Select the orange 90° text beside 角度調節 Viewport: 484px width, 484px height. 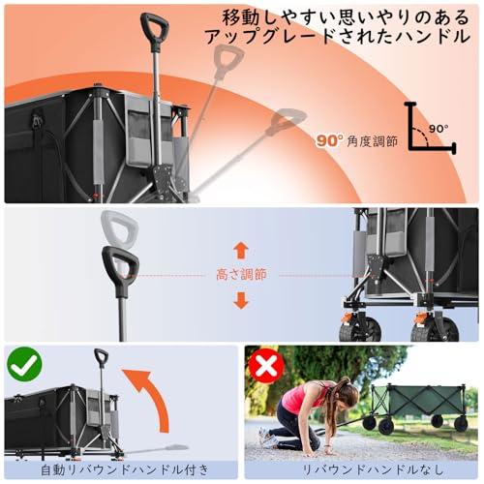330,140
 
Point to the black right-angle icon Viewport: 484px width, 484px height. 426,129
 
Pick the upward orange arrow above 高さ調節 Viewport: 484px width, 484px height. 241,250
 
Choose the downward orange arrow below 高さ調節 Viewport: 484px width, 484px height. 241,300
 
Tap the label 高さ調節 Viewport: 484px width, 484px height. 241,275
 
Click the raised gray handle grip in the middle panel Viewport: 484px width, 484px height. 119,230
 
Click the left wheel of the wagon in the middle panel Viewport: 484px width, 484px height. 359,326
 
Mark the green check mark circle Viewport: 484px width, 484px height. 23,366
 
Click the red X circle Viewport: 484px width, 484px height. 265,366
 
